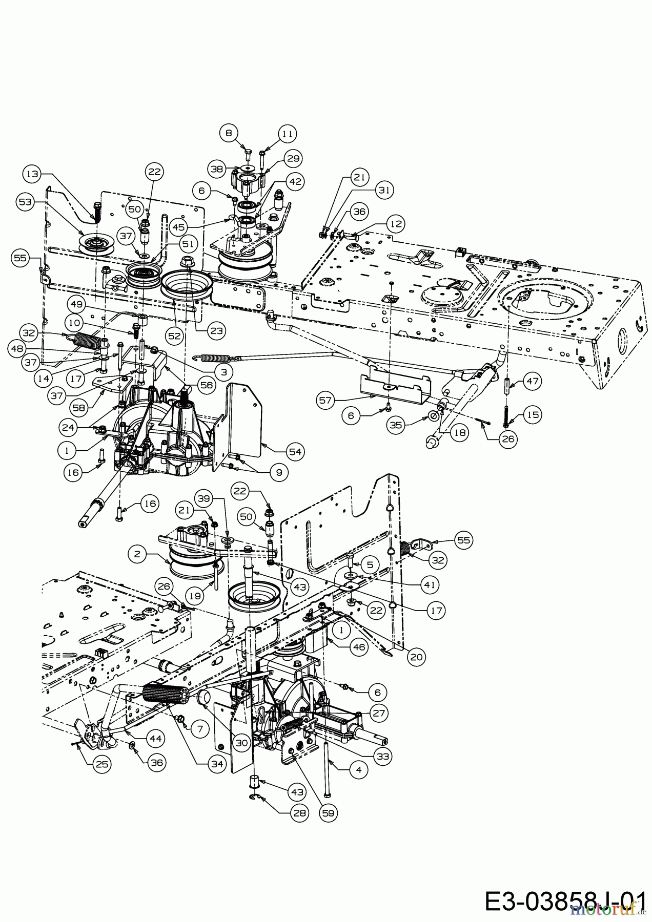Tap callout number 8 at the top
[x=229, y=133]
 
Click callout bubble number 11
[x=288, y=134]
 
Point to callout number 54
[x=296, y=451]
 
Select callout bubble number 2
[x=137, y=554]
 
